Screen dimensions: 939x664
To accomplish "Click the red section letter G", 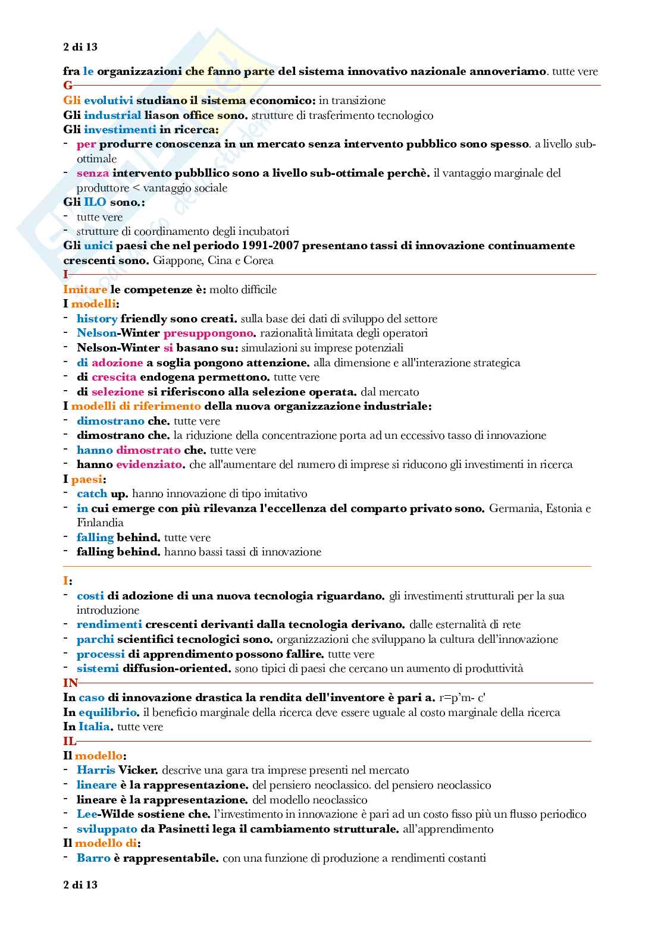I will (x=68, y=86).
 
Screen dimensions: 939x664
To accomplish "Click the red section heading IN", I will (x=70, y=683).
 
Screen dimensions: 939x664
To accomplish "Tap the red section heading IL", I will (x=70, y=741).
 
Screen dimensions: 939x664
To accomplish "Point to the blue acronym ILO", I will (x=95, y=202).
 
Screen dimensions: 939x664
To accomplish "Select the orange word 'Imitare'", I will (x=85, y=290).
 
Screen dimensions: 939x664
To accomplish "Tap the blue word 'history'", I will (x=97, y=319).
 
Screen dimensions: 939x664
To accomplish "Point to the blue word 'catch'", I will (x=92, y=494).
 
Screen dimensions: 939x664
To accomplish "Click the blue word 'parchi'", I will (x=95, y=639).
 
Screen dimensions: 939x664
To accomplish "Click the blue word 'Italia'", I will (x=95, y=727).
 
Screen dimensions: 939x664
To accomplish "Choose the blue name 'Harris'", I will (x=96, y=770).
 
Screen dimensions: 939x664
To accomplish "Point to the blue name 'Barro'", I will (x=93, y=858).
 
